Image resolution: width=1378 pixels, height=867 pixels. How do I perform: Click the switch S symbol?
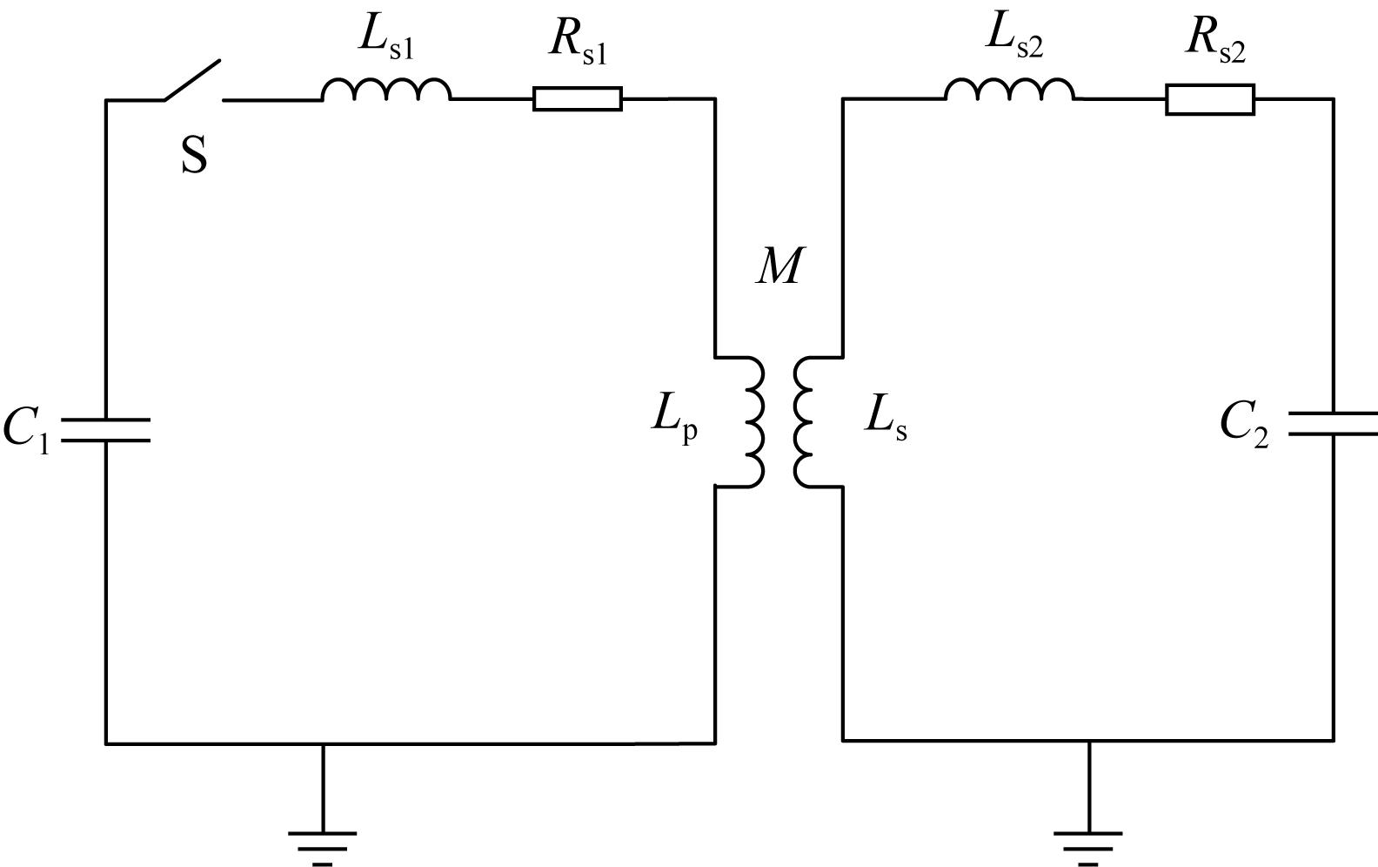192,80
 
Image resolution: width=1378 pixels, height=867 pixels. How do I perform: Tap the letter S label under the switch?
194,156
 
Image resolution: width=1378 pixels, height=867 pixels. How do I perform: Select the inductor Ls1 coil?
386,90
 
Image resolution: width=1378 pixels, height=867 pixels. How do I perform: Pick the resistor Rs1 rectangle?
578,98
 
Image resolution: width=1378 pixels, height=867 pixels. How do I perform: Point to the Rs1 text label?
579,45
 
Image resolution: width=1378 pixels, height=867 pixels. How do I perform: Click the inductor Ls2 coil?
1010,89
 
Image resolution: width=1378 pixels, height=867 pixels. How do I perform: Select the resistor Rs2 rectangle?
1210,100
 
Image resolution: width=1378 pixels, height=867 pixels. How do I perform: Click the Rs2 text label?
1216,44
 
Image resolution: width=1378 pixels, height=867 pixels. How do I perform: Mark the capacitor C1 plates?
106,430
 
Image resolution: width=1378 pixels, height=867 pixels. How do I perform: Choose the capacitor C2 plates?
1333,424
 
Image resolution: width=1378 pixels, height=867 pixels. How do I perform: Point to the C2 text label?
1244,424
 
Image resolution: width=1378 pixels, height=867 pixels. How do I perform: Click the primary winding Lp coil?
754,422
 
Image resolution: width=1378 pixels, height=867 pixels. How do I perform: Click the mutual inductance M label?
779,266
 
